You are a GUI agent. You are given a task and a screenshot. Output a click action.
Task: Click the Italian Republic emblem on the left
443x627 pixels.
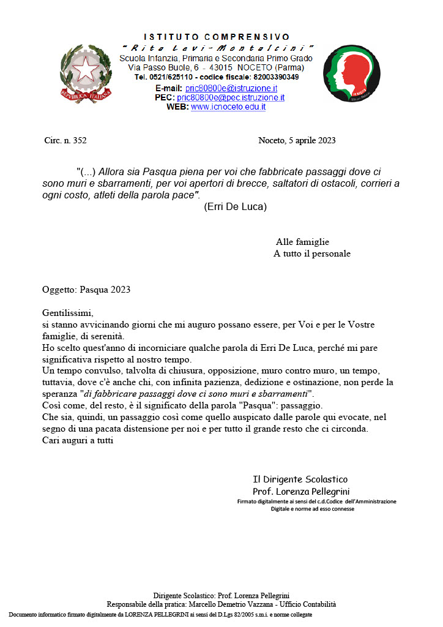tap(86, 73)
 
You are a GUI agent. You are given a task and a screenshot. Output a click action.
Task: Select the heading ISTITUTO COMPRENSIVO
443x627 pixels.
tap(217, 37)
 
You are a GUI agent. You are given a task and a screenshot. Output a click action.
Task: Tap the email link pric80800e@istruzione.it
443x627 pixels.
tap(231, 88)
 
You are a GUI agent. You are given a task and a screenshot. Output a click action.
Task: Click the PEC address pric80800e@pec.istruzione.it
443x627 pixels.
tap(231, 97)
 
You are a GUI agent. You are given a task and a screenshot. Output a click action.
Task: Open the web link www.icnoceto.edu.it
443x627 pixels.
tap(228, 107)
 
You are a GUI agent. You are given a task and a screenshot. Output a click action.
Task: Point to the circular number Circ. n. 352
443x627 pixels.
tap(65, 140)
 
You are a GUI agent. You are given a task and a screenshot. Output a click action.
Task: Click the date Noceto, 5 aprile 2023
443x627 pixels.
tap(297, 140)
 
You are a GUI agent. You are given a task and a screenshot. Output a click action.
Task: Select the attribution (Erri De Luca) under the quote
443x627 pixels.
tap(235, 206)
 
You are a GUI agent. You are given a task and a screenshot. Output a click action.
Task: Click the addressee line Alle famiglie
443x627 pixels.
tap(302, 242)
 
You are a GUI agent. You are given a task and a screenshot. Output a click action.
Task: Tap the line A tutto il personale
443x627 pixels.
tap(311, 253)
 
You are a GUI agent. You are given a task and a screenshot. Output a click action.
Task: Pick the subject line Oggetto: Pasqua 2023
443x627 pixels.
tap(86, 290)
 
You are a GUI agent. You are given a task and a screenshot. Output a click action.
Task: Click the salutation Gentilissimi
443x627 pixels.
tap(67, 313)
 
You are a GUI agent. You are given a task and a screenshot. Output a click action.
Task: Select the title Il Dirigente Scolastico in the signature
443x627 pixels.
tap(300, 479)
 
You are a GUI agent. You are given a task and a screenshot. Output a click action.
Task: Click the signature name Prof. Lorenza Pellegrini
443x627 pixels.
tap(301, 492)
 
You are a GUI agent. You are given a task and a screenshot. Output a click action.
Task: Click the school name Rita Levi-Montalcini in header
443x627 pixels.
tap(217, 48)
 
